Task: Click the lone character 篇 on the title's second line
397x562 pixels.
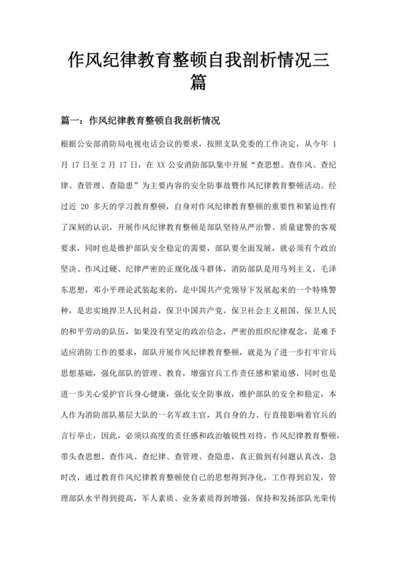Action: (x=198, y=83)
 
